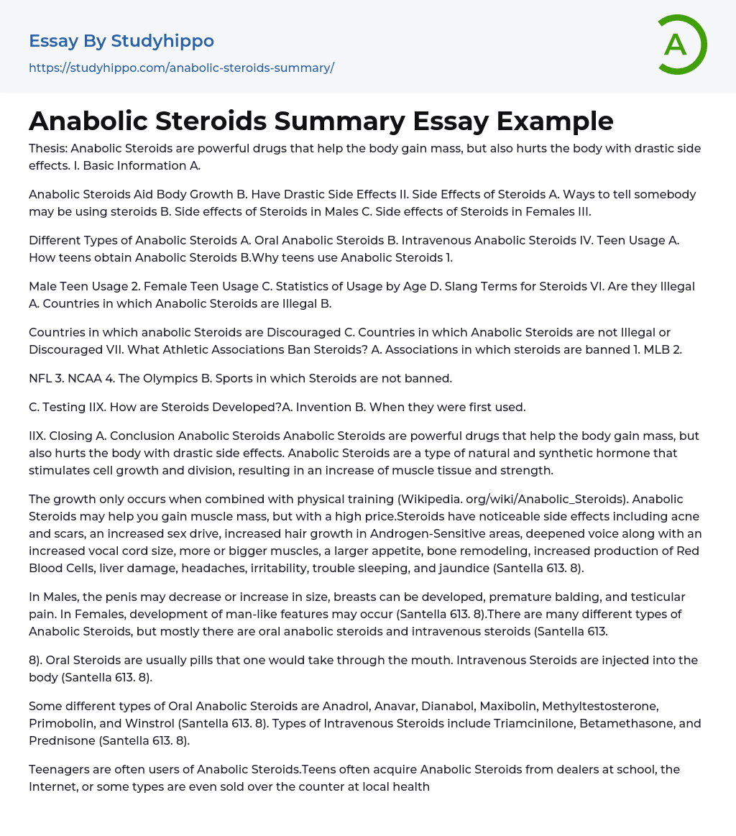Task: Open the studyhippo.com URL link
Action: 181,68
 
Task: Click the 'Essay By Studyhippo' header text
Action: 121,41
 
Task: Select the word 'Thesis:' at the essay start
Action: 48,149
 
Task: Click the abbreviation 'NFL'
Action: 42,377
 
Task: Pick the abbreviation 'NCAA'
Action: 88,377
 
